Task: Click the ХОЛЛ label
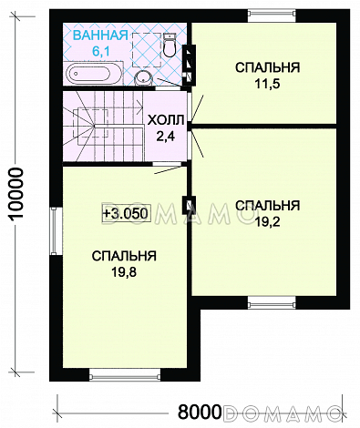click(x=164, y=120)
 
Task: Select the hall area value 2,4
click(x=164, y=137)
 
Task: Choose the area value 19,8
click(x=124, y=272)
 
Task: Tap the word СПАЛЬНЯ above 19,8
click(x=124, y=256)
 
